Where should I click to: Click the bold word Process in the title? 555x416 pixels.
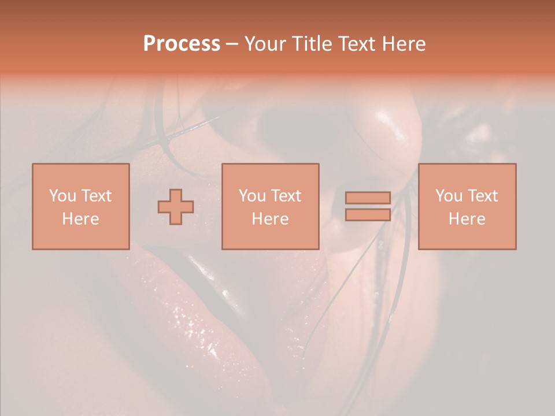(182, 44)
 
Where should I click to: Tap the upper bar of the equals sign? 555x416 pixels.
(368, 198)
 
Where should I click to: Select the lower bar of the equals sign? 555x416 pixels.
(368, 214)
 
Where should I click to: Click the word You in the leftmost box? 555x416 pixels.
(63, 196)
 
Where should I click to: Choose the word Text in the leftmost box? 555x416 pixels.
(96, 196)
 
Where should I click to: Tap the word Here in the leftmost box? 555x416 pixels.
(80, 219)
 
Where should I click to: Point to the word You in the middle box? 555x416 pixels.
(253, 196)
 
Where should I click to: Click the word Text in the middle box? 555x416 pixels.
(286, 196)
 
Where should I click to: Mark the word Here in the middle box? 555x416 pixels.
(270, 219)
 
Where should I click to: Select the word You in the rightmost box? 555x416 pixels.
(449, 196)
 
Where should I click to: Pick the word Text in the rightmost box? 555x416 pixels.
(482, 196)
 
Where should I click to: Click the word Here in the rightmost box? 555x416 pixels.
(467, 219)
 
